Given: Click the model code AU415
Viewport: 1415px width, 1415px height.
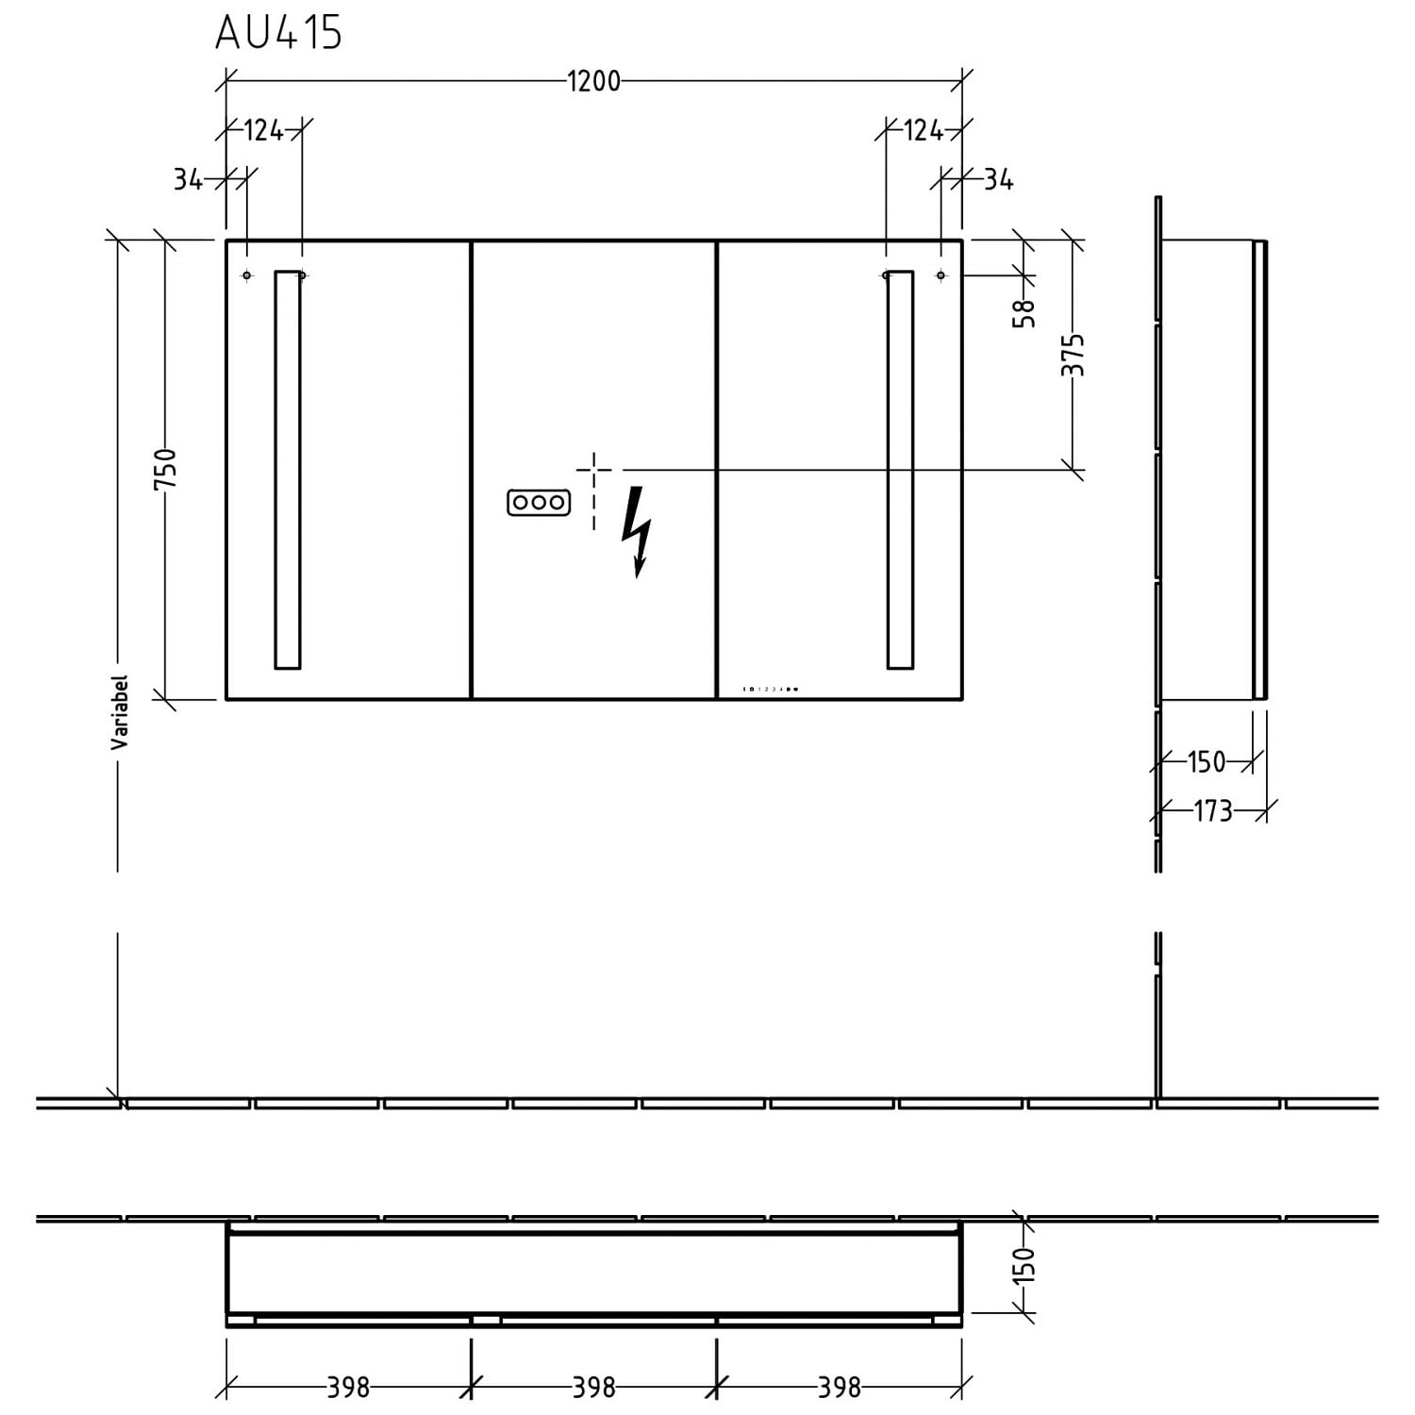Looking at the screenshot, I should (x=278, y=33).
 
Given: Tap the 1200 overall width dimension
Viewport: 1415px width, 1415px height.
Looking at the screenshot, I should (x=593, y=81).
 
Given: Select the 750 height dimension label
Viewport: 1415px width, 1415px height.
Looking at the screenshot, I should (x=165, y=469).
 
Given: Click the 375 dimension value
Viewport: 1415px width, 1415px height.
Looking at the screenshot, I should (x=1073, y=355).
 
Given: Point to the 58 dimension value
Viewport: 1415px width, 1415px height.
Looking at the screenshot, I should (x=1024, y=312).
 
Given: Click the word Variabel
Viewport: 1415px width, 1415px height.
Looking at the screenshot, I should (x=120, y=712).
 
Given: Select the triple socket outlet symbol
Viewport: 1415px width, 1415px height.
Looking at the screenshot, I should (x=539, y=503).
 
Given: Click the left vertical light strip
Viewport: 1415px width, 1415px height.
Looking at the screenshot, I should (x=288, y=470).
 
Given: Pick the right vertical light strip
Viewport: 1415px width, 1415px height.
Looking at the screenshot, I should (x=900, y=470).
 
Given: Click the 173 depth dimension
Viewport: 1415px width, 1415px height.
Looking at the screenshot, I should (x=1213, y=810).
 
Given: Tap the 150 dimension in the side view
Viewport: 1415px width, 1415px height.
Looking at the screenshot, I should (x=1206, y=761).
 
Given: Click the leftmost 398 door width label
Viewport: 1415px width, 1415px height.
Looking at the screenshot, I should (x=348, y=1388).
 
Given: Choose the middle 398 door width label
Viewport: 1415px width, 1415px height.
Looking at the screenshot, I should (x=593, y=1388).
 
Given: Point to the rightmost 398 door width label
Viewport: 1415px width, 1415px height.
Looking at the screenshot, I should (x=839, y=1388).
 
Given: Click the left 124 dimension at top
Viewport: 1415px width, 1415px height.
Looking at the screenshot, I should (x=263, y=130).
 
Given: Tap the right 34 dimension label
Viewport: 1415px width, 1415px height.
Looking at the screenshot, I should (x=998, y=179).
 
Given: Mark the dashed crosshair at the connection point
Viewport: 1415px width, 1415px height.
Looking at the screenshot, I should (x=593, y=469).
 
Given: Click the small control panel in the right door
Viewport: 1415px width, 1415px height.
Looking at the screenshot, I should (x=772, y=690).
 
